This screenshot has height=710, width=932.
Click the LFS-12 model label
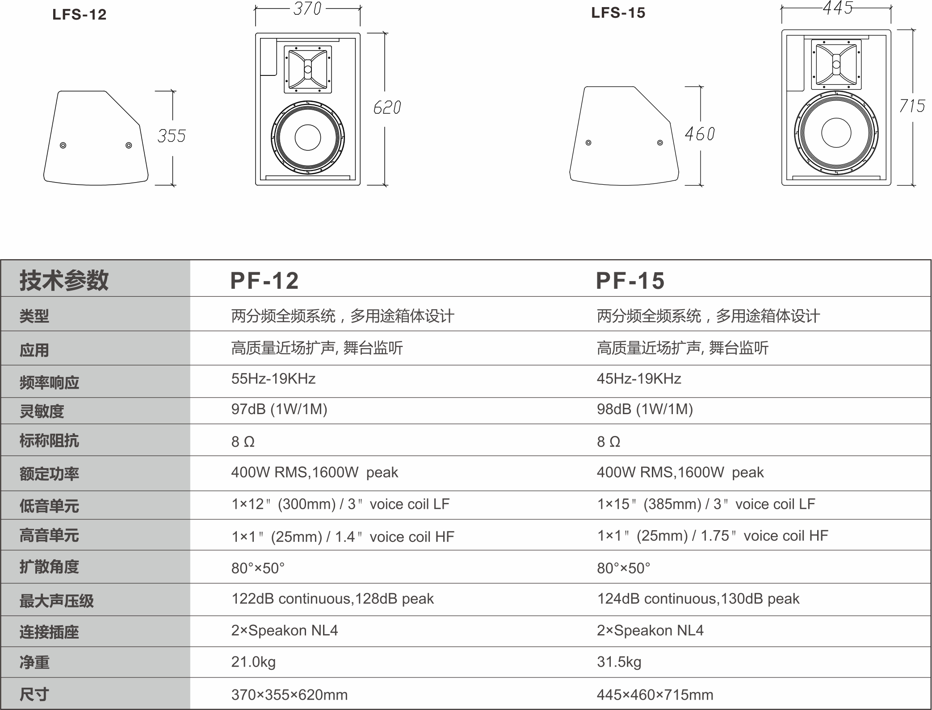pos(80,15)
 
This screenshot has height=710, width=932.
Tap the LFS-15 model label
pos(618,13)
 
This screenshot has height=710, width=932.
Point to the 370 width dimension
pos(307,8)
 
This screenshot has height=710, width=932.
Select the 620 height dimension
pos(387,108)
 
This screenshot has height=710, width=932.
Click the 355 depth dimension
pos(172,136)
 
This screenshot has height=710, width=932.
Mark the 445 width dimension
pos(838,8)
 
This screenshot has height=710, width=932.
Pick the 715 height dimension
pos(912,106)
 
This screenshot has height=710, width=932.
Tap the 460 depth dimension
pos(700,134)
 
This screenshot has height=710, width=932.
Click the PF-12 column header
pos(264,281)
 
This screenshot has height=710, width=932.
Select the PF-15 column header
pos(630,281)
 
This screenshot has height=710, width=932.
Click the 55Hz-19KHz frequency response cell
pos(273,379)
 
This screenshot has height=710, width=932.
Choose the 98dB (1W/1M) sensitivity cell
pos(645,409)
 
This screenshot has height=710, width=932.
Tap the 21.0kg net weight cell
pos(253,662)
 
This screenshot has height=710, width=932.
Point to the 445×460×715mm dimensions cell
pos(655,695)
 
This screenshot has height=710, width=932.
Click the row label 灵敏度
pos(42,411)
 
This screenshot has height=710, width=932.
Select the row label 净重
pos(34,662)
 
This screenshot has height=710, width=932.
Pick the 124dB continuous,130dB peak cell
pos(698,599)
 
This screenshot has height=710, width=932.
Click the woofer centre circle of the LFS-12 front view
pos(308,137)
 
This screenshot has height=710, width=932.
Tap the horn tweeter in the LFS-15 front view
pos(836,65)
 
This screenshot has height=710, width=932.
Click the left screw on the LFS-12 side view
pos(63,145)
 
